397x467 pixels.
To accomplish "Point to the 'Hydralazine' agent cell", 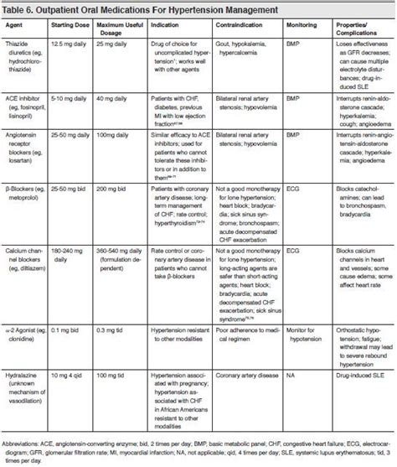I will pos(30,378).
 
